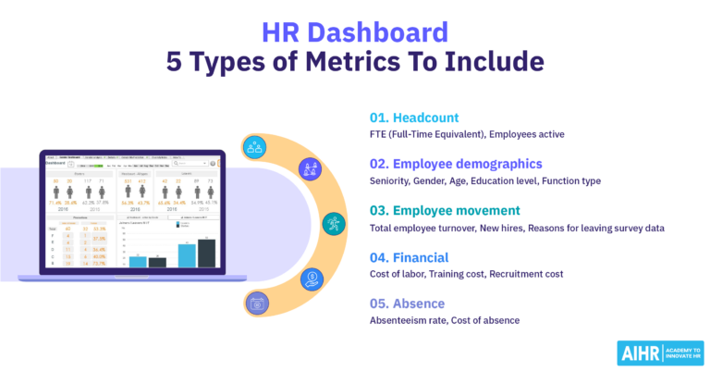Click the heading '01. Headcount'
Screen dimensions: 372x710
412,118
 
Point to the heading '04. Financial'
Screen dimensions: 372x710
409,257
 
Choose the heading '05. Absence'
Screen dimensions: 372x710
406,304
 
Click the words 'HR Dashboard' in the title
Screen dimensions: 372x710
355,33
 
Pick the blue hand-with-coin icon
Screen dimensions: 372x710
312,277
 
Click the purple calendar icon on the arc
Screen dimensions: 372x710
258,303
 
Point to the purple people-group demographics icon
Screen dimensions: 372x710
309,169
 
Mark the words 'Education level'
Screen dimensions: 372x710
519,180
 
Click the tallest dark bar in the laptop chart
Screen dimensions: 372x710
206,253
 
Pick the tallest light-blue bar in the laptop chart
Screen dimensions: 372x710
186,254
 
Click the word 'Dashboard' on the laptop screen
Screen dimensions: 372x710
56,162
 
